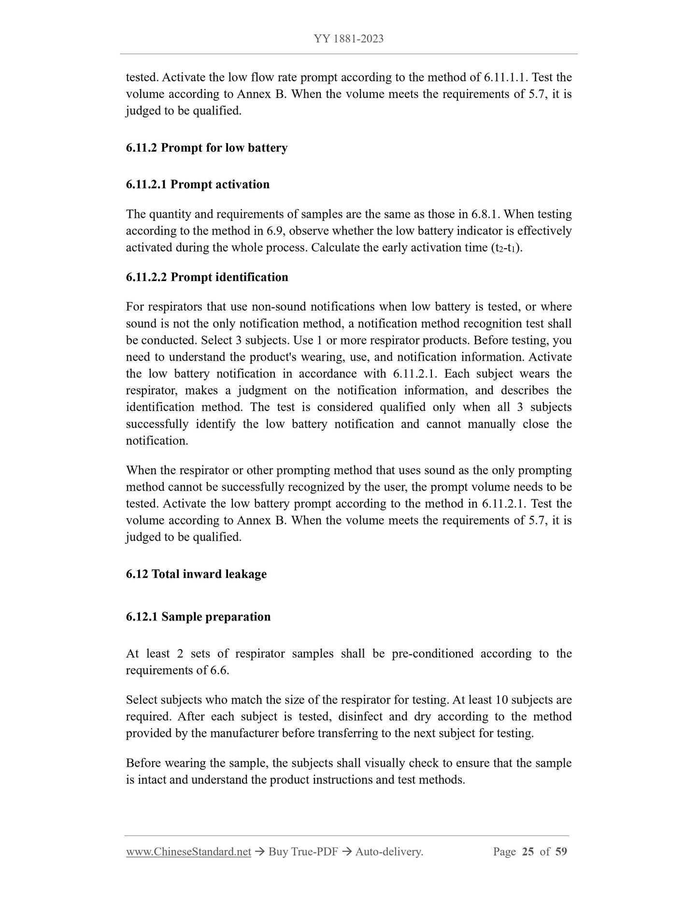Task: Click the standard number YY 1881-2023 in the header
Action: [349, 39]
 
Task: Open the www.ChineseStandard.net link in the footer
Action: [188, 852]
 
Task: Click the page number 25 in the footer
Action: [527, 852]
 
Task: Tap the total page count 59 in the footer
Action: [561, 852]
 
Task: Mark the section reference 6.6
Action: [220, 670]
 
